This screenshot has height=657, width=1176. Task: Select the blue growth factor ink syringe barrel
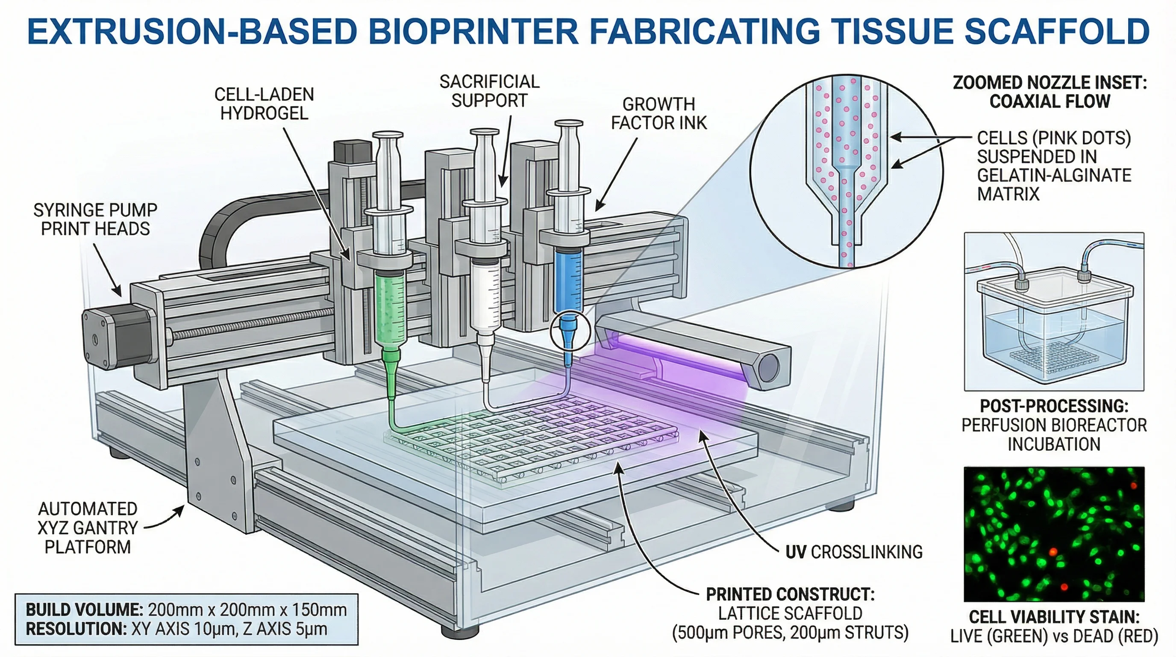click(x=567, y=279)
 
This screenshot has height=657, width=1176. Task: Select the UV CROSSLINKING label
click(x=854, y=552)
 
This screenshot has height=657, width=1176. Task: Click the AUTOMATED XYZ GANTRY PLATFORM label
click(x=88, y=528)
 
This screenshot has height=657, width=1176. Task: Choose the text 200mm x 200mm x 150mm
click(x=247, y=610)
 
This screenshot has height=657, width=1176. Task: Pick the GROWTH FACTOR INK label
click(x=659, y=114)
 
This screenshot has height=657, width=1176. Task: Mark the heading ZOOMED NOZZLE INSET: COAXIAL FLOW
click(x=1049, y=92)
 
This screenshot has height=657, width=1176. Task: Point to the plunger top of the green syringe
click(x=388, y=135)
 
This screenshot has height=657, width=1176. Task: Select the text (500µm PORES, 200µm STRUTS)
click(x=790, y=632)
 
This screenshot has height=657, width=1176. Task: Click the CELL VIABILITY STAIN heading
click(x=1054, y=617)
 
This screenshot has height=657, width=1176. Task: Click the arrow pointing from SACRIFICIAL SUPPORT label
click(x=506, y=151)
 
